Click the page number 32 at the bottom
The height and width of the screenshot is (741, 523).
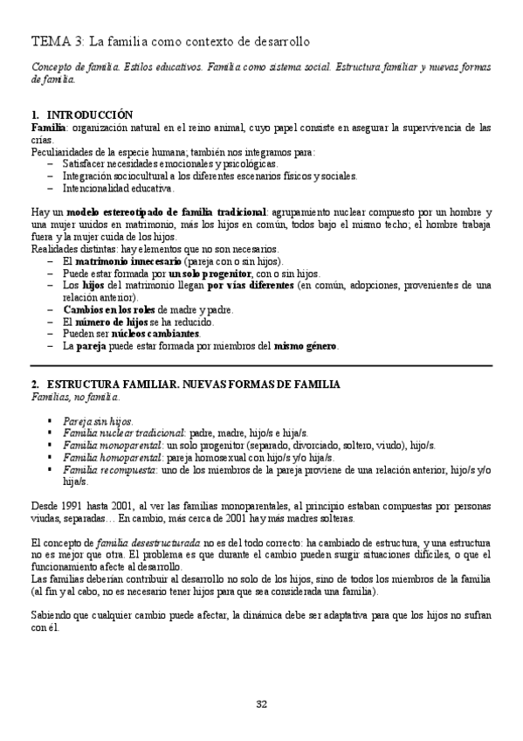[261, 704]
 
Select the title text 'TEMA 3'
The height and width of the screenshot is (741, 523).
[58, 41]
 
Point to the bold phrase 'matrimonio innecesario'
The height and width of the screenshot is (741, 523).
[127, 261]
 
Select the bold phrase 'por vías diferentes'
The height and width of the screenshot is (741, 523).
[250, 285]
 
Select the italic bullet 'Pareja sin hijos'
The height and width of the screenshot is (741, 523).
[97, 420]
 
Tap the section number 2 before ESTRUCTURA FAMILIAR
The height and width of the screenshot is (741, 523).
[34, 384]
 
